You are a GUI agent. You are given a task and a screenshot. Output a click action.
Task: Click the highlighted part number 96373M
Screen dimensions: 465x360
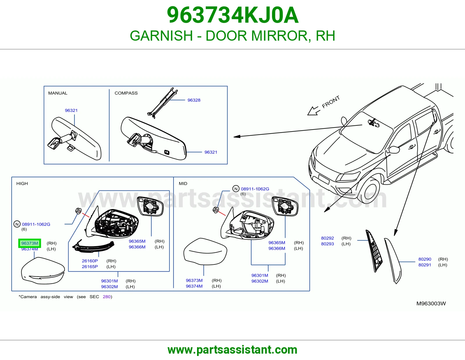30,243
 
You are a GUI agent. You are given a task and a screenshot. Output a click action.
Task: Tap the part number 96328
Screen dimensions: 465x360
194,100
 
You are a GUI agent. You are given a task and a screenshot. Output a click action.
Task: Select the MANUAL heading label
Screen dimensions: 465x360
58,93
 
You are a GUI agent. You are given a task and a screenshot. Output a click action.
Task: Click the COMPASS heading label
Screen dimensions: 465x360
126,93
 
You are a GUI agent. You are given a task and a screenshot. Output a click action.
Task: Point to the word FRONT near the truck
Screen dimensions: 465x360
331,102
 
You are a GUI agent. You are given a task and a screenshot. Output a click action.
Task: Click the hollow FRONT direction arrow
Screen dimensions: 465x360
313,111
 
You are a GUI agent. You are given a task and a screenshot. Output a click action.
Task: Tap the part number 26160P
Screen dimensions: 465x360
90,261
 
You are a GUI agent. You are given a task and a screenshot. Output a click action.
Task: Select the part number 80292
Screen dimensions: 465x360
328,238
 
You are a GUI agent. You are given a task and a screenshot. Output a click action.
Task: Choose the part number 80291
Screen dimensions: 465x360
425,265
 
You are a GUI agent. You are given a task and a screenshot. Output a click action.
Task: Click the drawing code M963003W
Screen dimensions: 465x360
431,304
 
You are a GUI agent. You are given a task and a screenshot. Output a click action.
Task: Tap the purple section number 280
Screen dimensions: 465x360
107,297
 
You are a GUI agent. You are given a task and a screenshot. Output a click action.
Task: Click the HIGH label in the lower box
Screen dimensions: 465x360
22,183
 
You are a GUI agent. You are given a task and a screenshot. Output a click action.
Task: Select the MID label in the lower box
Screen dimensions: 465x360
183,183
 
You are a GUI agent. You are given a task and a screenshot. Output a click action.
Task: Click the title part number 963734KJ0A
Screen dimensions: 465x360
233,15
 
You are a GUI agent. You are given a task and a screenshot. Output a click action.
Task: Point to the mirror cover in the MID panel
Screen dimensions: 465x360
205,251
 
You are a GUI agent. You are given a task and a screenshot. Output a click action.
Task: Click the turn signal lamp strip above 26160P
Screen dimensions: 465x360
93,246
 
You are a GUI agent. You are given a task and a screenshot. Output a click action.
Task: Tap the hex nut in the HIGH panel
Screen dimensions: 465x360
78,211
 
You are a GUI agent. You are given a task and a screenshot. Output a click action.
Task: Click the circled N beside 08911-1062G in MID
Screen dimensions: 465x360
236,189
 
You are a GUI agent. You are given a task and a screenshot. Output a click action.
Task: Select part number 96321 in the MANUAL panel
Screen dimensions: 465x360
71,110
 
